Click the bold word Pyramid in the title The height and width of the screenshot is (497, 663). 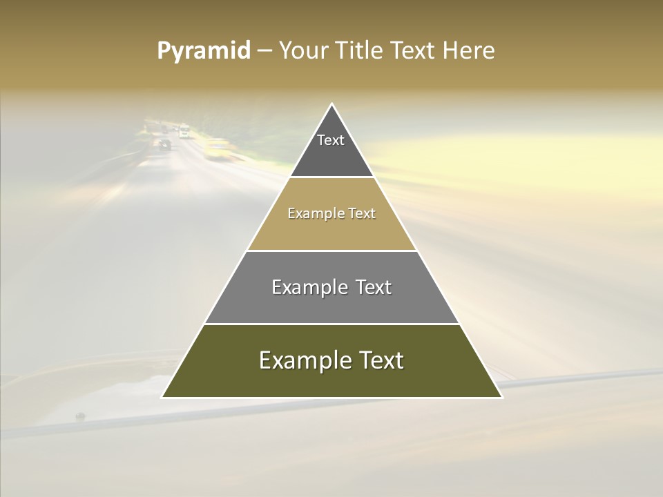(204, 51)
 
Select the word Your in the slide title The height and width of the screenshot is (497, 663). (302, 51)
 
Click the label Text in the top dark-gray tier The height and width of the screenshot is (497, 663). (331, 140)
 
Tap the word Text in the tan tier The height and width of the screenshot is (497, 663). (362, 214)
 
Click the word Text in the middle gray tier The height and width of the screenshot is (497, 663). (374, 287)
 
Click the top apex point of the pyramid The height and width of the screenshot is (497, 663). (331, 104)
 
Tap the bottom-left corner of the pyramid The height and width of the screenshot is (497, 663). (162, 397)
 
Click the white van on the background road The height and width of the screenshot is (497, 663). (184, 130)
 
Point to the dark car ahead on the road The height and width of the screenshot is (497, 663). (164, 144)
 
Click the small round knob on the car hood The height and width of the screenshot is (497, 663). (80, 416)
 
